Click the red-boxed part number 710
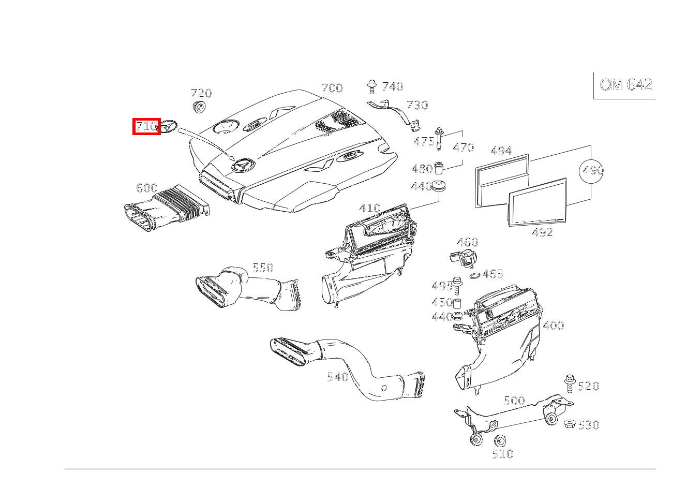146,126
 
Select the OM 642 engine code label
625,84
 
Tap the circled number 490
591,171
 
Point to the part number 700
332,88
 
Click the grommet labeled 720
199,106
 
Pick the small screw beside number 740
372,86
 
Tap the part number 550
263,268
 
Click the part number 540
338,377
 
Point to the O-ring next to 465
474,276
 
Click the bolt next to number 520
570,383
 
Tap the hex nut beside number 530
570,424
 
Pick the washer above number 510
500,441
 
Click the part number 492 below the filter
542,232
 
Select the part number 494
501,151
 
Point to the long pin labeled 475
439,139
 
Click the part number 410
370,208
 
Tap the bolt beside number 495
457,285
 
